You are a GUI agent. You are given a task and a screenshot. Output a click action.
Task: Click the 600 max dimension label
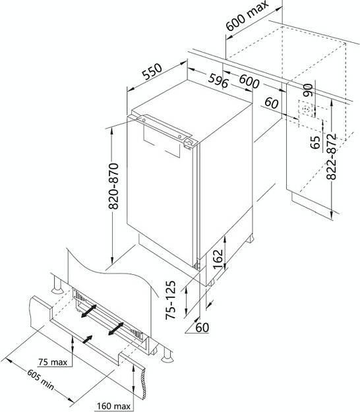pos(247,16)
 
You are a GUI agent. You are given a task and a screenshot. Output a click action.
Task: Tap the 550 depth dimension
pos(152,71)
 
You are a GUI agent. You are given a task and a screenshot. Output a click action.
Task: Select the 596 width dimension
pos(218,80)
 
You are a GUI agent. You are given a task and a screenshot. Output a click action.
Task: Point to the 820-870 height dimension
pos(113,186)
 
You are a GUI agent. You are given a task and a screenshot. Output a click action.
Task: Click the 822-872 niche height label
pos(331,157)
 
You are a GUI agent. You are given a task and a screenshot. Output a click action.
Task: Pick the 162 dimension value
pos(218,259)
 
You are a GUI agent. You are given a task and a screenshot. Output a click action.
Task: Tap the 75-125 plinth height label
pos(170,300)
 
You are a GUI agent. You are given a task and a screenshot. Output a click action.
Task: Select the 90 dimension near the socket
pos(308,90)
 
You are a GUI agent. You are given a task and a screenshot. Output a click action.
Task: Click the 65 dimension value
pos(315,142)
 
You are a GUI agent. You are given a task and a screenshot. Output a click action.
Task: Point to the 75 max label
pos(53,362)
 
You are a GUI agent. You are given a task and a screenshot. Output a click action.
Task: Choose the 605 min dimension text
pos(40,380)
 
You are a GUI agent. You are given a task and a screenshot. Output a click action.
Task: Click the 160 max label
pos(114,406)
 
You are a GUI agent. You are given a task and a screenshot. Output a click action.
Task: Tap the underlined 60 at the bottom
pos(202,328)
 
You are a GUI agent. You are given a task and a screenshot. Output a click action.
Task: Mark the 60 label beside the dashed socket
pos(272,103)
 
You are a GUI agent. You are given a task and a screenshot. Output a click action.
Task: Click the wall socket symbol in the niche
pos(306,109)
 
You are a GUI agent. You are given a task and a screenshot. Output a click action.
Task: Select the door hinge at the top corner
pos(191,143)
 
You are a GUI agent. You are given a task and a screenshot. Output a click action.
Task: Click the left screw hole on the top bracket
pos(144,120)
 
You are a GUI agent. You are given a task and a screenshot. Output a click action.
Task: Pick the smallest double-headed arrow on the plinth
pos(88,339)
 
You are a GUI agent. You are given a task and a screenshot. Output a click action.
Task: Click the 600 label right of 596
pos(249,81)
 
